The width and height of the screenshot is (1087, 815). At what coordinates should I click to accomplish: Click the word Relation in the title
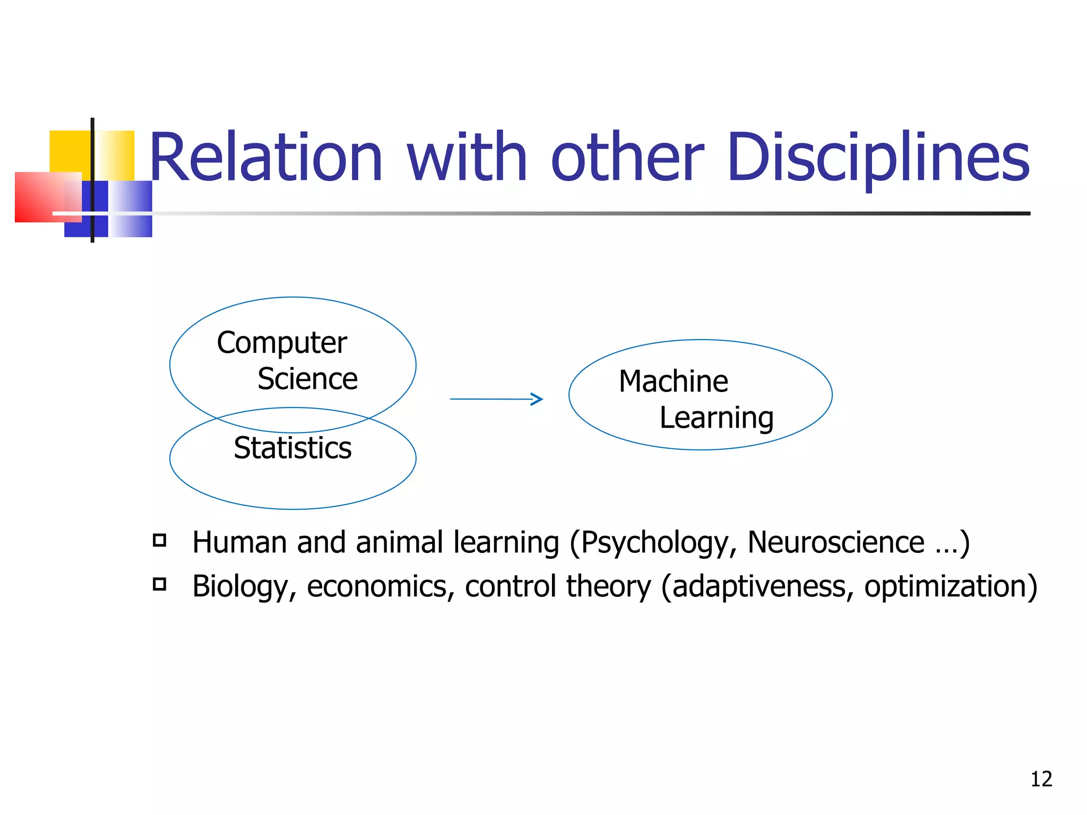click(x=265, y=158)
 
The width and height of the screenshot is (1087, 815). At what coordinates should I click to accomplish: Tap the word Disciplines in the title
click(x=878, y=158)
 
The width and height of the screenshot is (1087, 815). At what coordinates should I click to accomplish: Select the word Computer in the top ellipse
click(x=282, y=343)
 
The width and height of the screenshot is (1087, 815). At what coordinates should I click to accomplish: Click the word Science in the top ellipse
click(x=307, y=379)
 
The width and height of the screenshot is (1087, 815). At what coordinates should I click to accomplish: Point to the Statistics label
click(x=292, y=448)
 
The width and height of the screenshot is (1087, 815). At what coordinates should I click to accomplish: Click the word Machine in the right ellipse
click(x=674, y=382)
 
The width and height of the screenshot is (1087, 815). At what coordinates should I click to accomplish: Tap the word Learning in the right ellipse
click(x=717, y=418)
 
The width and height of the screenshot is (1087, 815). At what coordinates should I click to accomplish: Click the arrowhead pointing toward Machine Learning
click(x=537, y=399)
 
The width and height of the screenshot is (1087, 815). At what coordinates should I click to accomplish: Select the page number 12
click(x=1041, y=779)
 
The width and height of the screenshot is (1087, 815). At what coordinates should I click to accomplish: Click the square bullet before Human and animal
click(x=159, y=541)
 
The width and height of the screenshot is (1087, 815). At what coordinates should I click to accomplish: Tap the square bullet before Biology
click(x=159, y=584)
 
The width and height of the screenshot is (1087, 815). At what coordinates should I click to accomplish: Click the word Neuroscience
click(x=836, y=542)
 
